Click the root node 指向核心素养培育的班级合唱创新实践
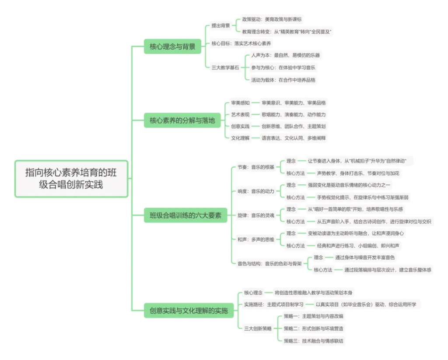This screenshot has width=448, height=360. click(x=71, y=179)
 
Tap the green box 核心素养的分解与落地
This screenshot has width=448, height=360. click(x=182, y=120)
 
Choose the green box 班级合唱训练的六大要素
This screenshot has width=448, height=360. click(x=185, y=215)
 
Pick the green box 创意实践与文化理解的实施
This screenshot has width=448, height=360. click(x=189, y=311)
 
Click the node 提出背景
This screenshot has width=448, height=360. click(x=220, y=25)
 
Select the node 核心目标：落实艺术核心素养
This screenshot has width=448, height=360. click(x=241, y=43)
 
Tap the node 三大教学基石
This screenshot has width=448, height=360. click(x=225, y=67)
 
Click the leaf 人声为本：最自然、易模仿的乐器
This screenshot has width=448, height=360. click(x=285, y=55)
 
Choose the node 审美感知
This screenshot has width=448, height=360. click(x=240, y=102)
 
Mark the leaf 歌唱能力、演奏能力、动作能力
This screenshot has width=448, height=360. click(x=294, y=114)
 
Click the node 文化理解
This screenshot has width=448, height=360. click(x=240, y=138)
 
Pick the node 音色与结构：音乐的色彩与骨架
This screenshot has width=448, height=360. click(x=269, y=263)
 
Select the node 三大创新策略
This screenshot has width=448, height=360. click(x=258, y=328)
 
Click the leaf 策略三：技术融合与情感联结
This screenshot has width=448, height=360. click(x=313, y=340)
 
